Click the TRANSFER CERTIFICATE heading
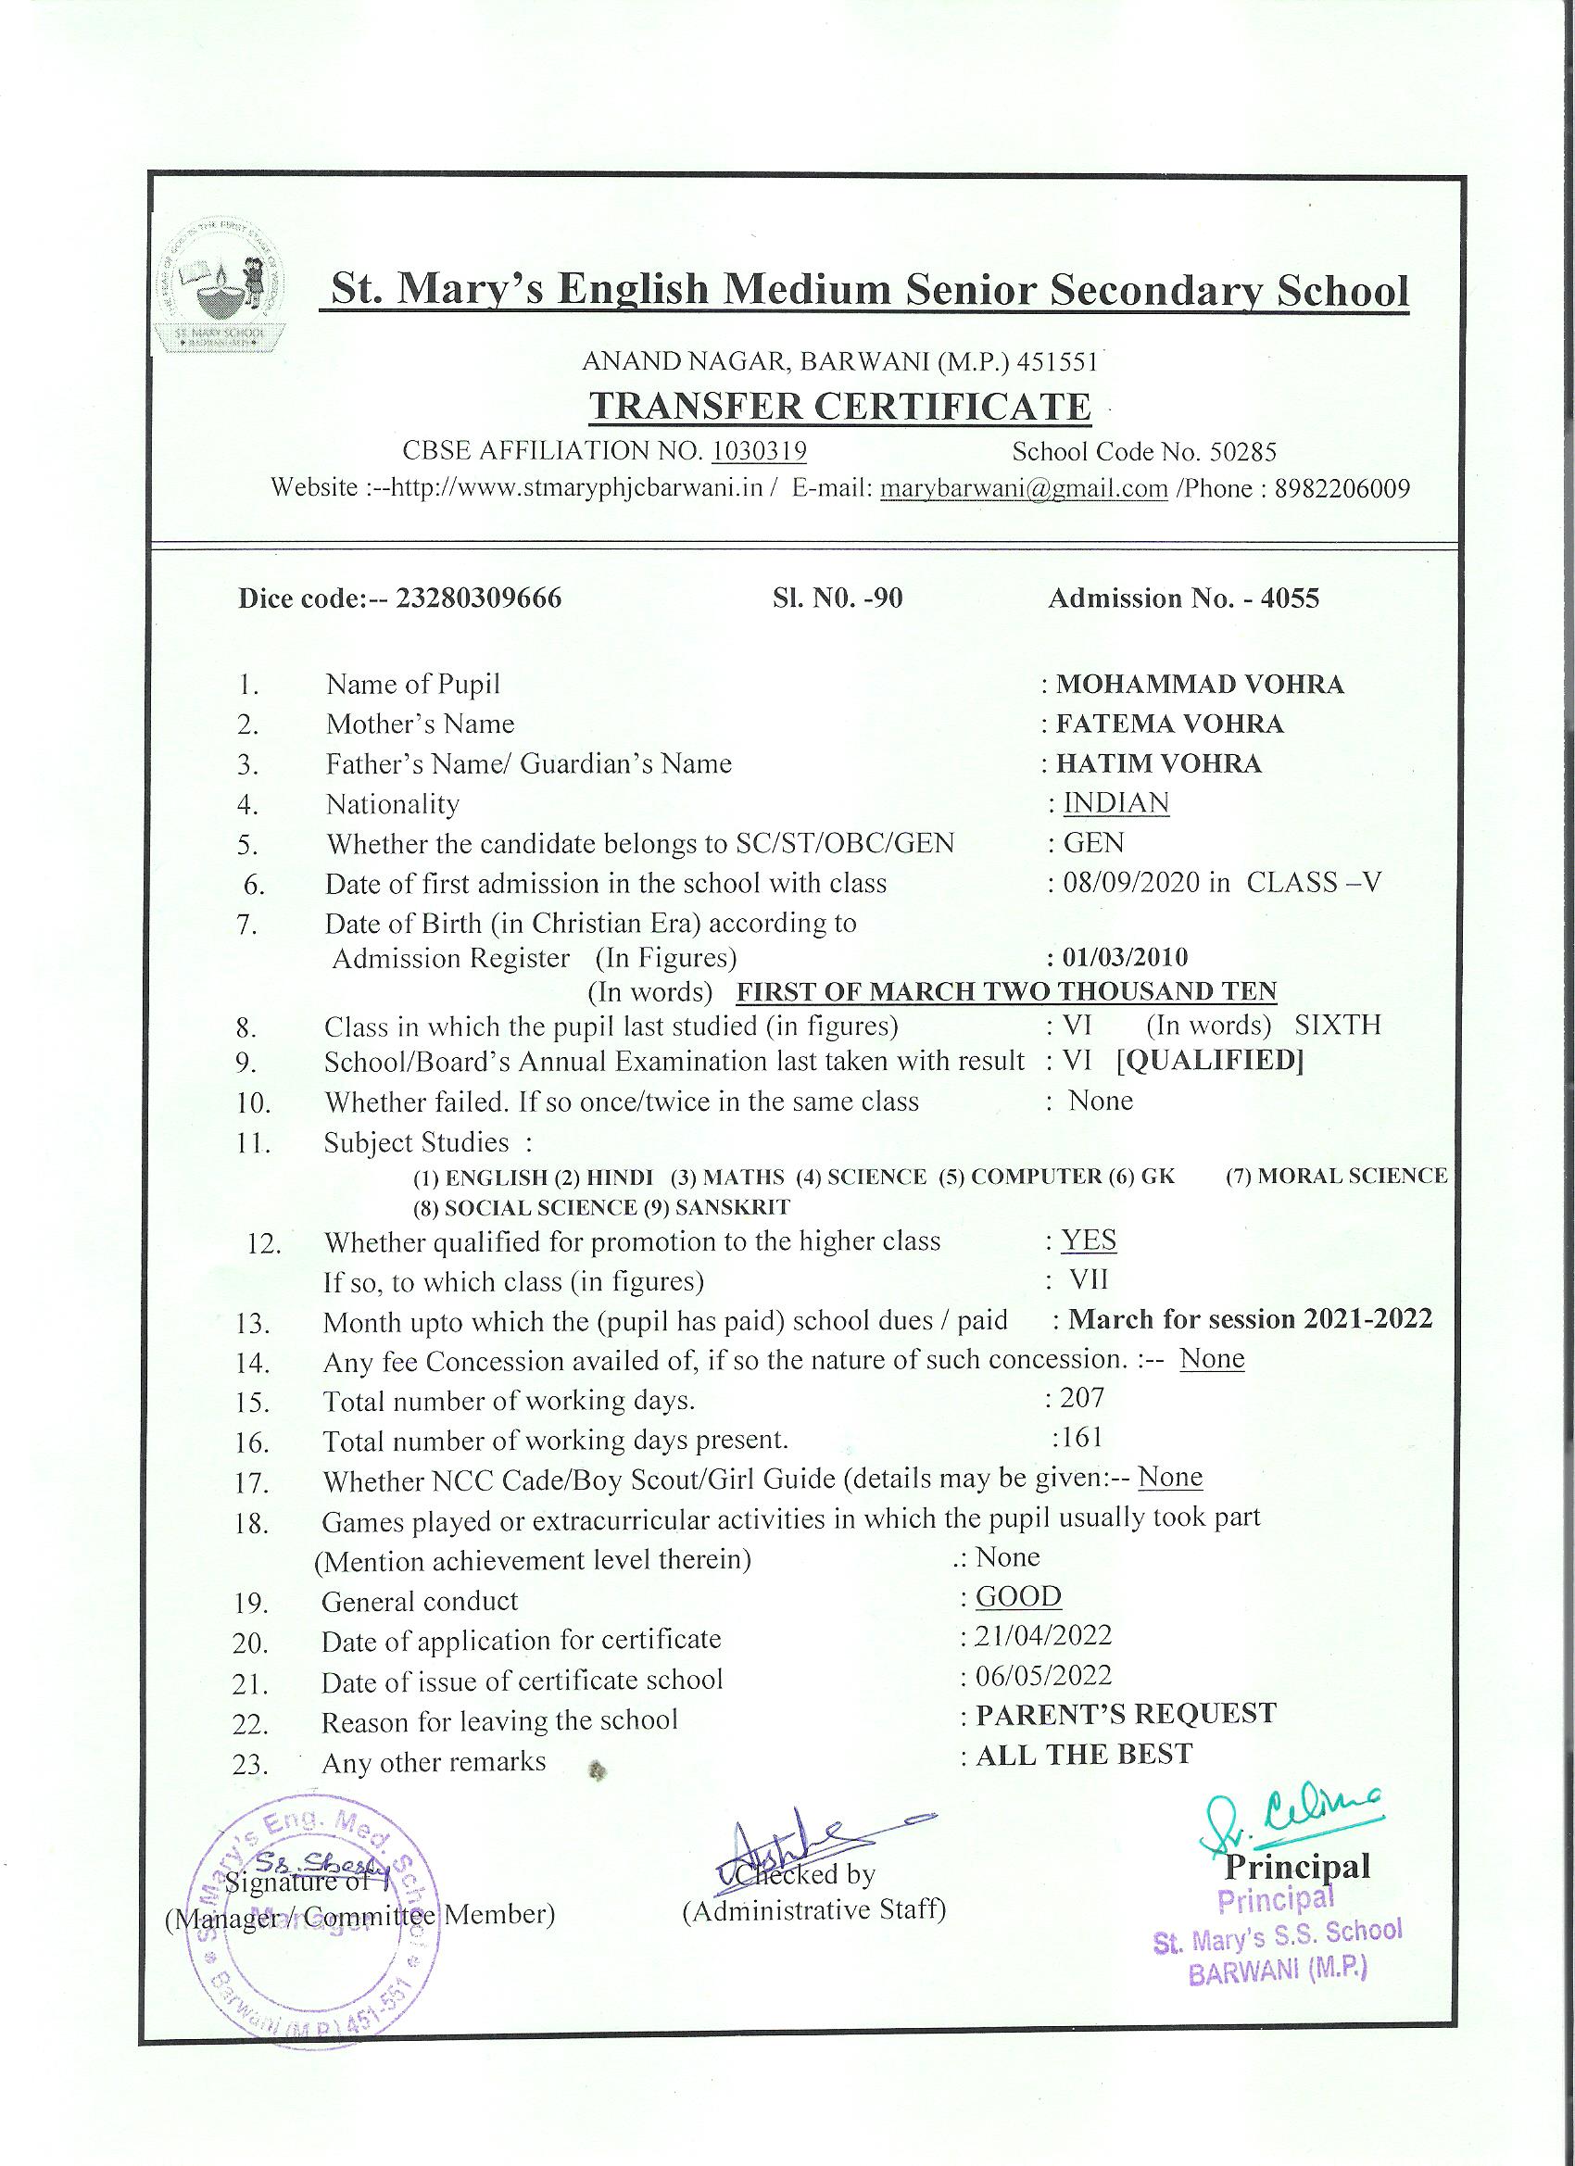838,407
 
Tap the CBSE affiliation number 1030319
760,451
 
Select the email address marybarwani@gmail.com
1024,489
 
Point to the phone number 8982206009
1342,489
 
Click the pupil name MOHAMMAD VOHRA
1200,685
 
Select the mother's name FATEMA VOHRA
1169,724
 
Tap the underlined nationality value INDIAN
1115,803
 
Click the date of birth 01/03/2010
1125,957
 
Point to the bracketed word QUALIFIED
1210,1061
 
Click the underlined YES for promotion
1088,1240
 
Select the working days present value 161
1081,1437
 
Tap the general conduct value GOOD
1018,1597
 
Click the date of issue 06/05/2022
1043,1676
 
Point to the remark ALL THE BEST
1084,1755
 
